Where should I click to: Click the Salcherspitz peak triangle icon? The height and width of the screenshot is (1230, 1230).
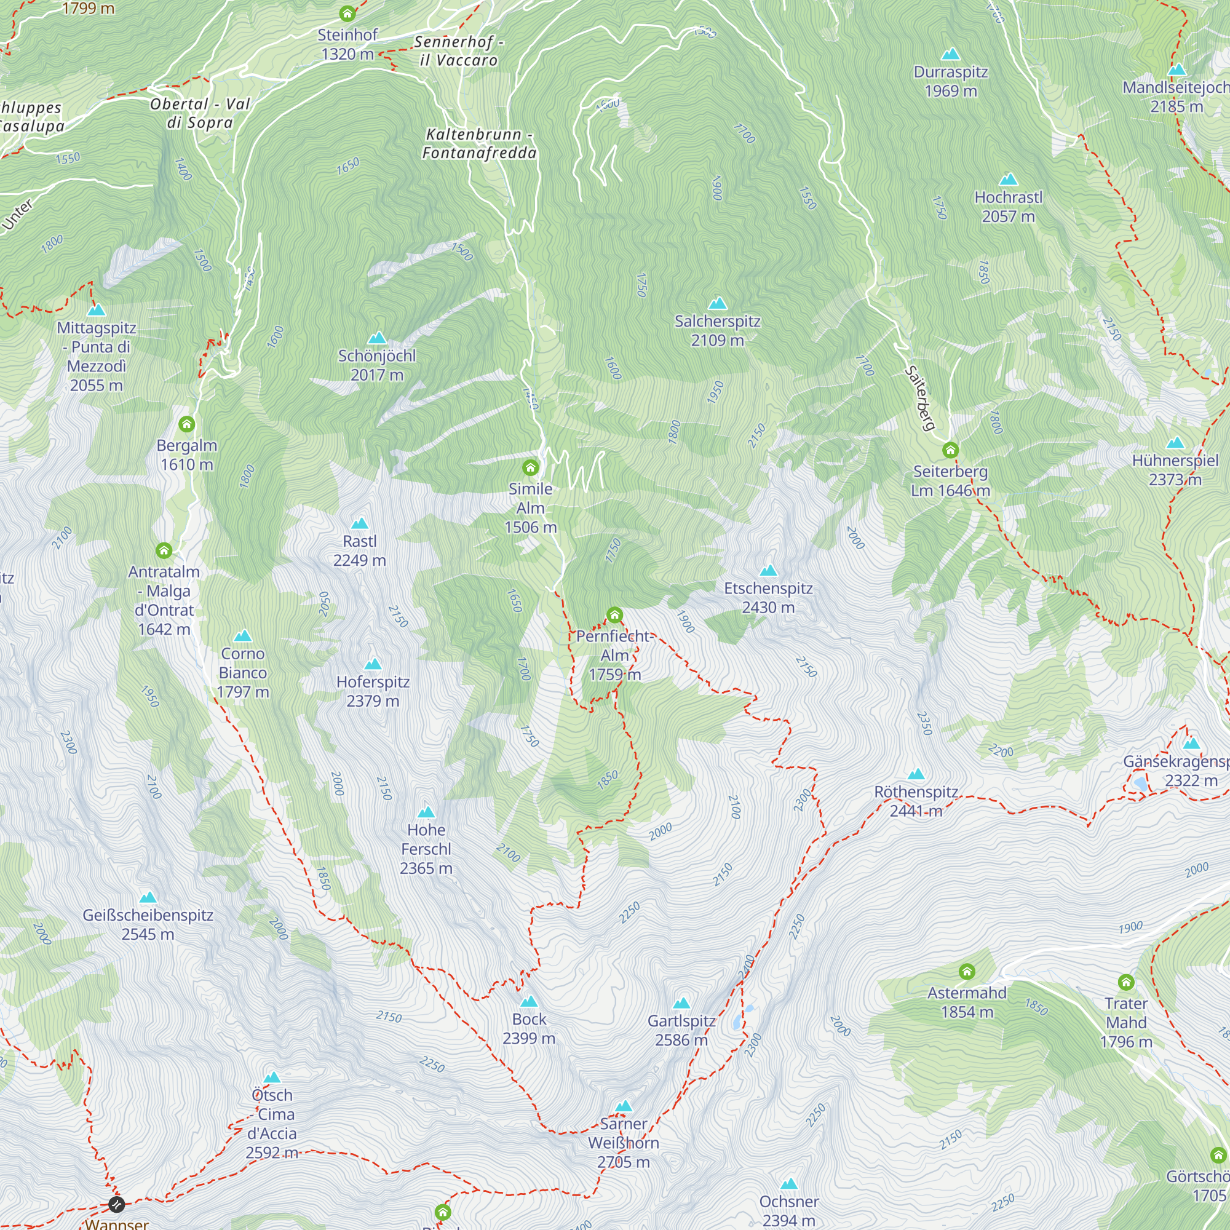[x=718, y=303]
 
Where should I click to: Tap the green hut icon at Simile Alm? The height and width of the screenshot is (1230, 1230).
[x=530, y=468]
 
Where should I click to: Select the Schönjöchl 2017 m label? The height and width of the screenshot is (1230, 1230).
[x=377, y=365]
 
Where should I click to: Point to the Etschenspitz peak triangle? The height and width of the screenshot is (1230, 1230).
[x=768, y=571]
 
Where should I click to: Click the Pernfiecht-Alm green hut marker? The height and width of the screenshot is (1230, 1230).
[x=614, y=615]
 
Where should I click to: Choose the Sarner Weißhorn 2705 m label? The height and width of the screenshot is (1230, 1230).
[x=623, y=1143]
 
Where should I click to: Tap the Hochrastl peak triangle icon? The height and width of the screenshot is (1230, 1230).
[x=1009, y=180]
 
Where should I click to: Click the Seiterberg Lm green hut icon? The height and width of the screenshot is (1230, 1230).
[x=951, y=451]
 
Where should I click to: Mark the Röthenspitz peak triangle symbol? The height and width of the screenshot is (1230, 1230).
[x=916, y=774]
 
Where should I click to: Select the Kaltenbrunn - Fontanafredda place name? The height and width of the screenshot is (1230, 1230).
[x=480, y=144]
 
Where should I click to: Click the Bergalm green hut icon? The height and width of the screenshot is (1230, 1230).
[x=186, y=424]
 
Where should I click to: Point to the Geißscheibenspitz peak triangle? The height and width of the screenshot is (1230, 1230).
[x=148, y=898]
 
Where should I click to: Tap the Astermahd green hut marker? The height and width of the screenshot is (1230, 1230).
[x=967, y=972]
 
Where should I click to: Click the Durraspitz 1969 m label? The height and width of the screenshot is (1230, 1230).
[x=951, y=82]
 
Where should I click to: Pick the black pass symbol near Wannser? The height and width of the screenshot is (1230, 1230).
[x=116, y=1204]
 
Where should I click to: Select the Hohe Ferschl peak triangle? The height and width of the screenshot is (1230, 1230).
[x=426, y=812]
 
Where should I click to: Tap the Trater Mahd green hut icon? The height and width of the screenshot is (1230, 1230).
[x=1126, y=982]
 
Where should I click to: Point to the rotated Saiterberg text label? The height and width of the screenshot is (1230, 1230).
[x=921, y=398]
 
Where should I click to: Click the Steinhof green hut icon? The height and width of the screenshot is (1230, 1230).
[x=347, y=14]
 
